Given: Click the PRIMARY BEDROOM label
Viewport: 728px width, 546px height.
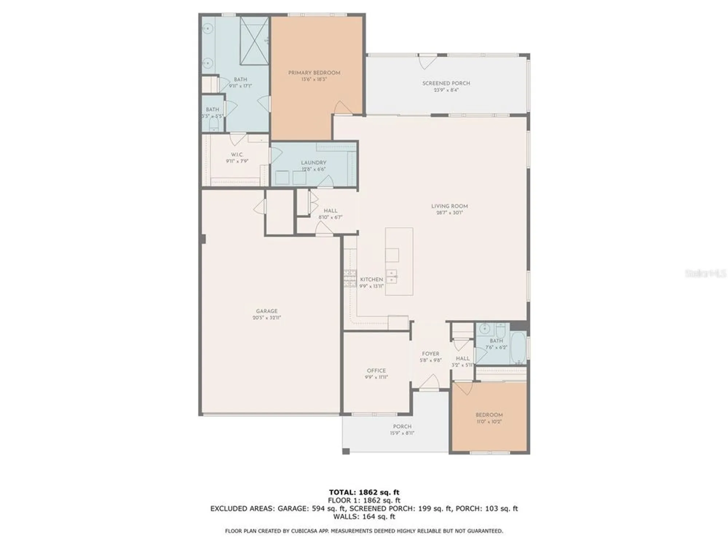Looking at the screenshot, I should coord(314,73).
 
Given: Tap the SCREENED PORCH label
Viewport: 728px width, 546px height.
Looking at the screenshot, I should coord(446,83).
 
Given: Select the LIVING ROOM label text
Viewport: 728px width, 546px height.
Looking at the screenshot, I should coord(450,206).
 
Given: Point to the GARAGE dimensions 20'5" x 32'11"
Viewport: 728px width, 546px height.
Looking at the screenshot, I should coord(267,318).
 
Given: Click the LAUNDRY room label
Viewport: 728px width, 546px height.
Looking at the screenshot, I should coord(313,163).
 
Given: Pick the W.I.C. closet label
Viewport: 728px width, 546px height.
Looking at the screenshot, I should coord(237,155).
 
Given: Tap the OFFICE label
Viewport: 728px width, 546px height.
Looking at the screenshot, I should coord(376,371).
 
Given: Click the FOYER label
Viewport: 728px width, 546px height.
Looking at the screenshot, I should coord(430,354).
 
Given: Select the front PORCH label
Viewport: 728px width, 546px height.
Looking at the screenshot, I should coord(402,426).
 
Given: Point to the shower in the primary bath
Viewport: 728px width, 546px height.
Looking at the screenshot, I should coord(254,41).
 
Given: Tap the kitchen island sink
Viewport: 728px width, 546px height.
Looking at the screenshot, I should coord(392,276).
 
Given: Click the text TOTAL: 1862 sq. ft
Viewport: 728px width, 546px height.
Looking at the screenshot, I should coord(364,492).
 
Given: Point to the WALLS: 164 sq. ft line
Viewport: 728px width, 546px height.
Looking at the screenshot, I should coord(364,516).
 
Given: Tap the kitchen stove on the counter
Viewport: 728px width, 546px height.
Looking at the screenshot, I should coord(350,278).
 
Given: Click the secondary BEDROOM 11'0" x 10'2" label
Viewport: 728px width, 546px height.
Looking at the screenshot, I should coord(489,415).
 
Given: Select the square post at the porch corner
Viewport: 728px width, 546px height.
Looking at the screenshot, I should coord(346,451).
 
